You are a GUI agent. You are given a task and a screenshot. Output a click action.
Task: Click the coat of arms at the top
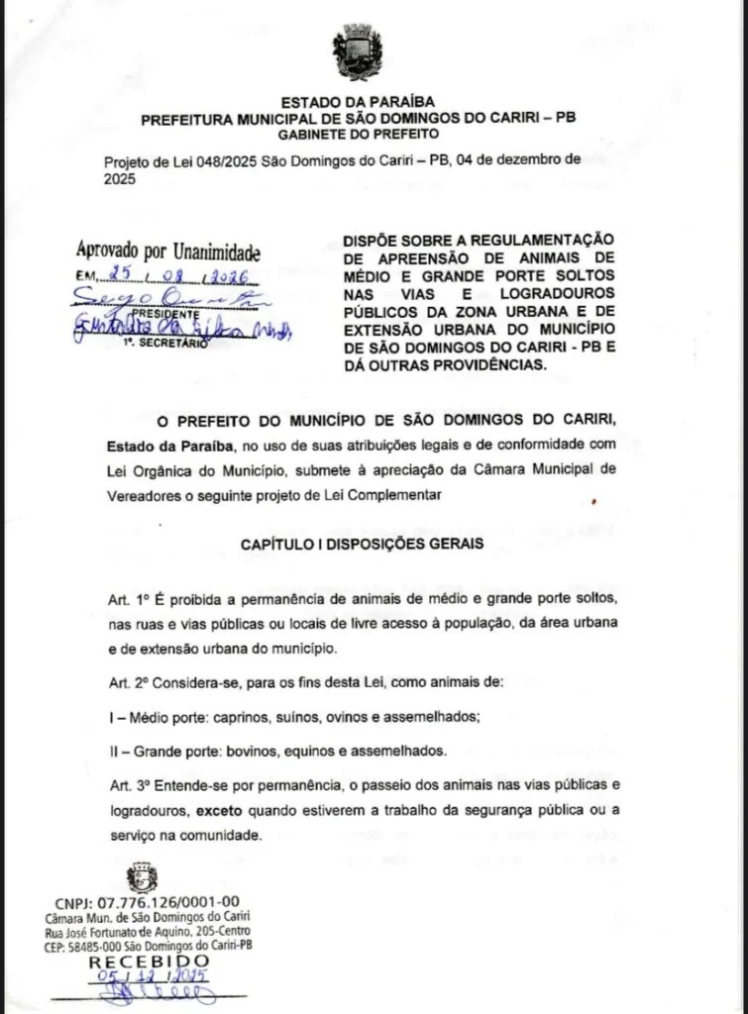(x=358, y=51)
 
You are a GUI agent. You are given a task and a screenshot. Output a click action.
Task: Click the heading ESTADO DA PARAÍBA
(x=358, y=103)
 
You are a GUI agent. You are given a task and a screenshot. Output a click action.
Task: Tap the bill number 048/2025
(x=219, y=161)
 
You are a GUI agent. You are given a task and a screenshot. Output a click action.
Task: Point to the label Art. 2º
(x=128, y=682)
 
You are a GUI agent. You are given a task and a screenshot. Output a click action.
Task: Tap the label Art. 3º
(x=128, y=786)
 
